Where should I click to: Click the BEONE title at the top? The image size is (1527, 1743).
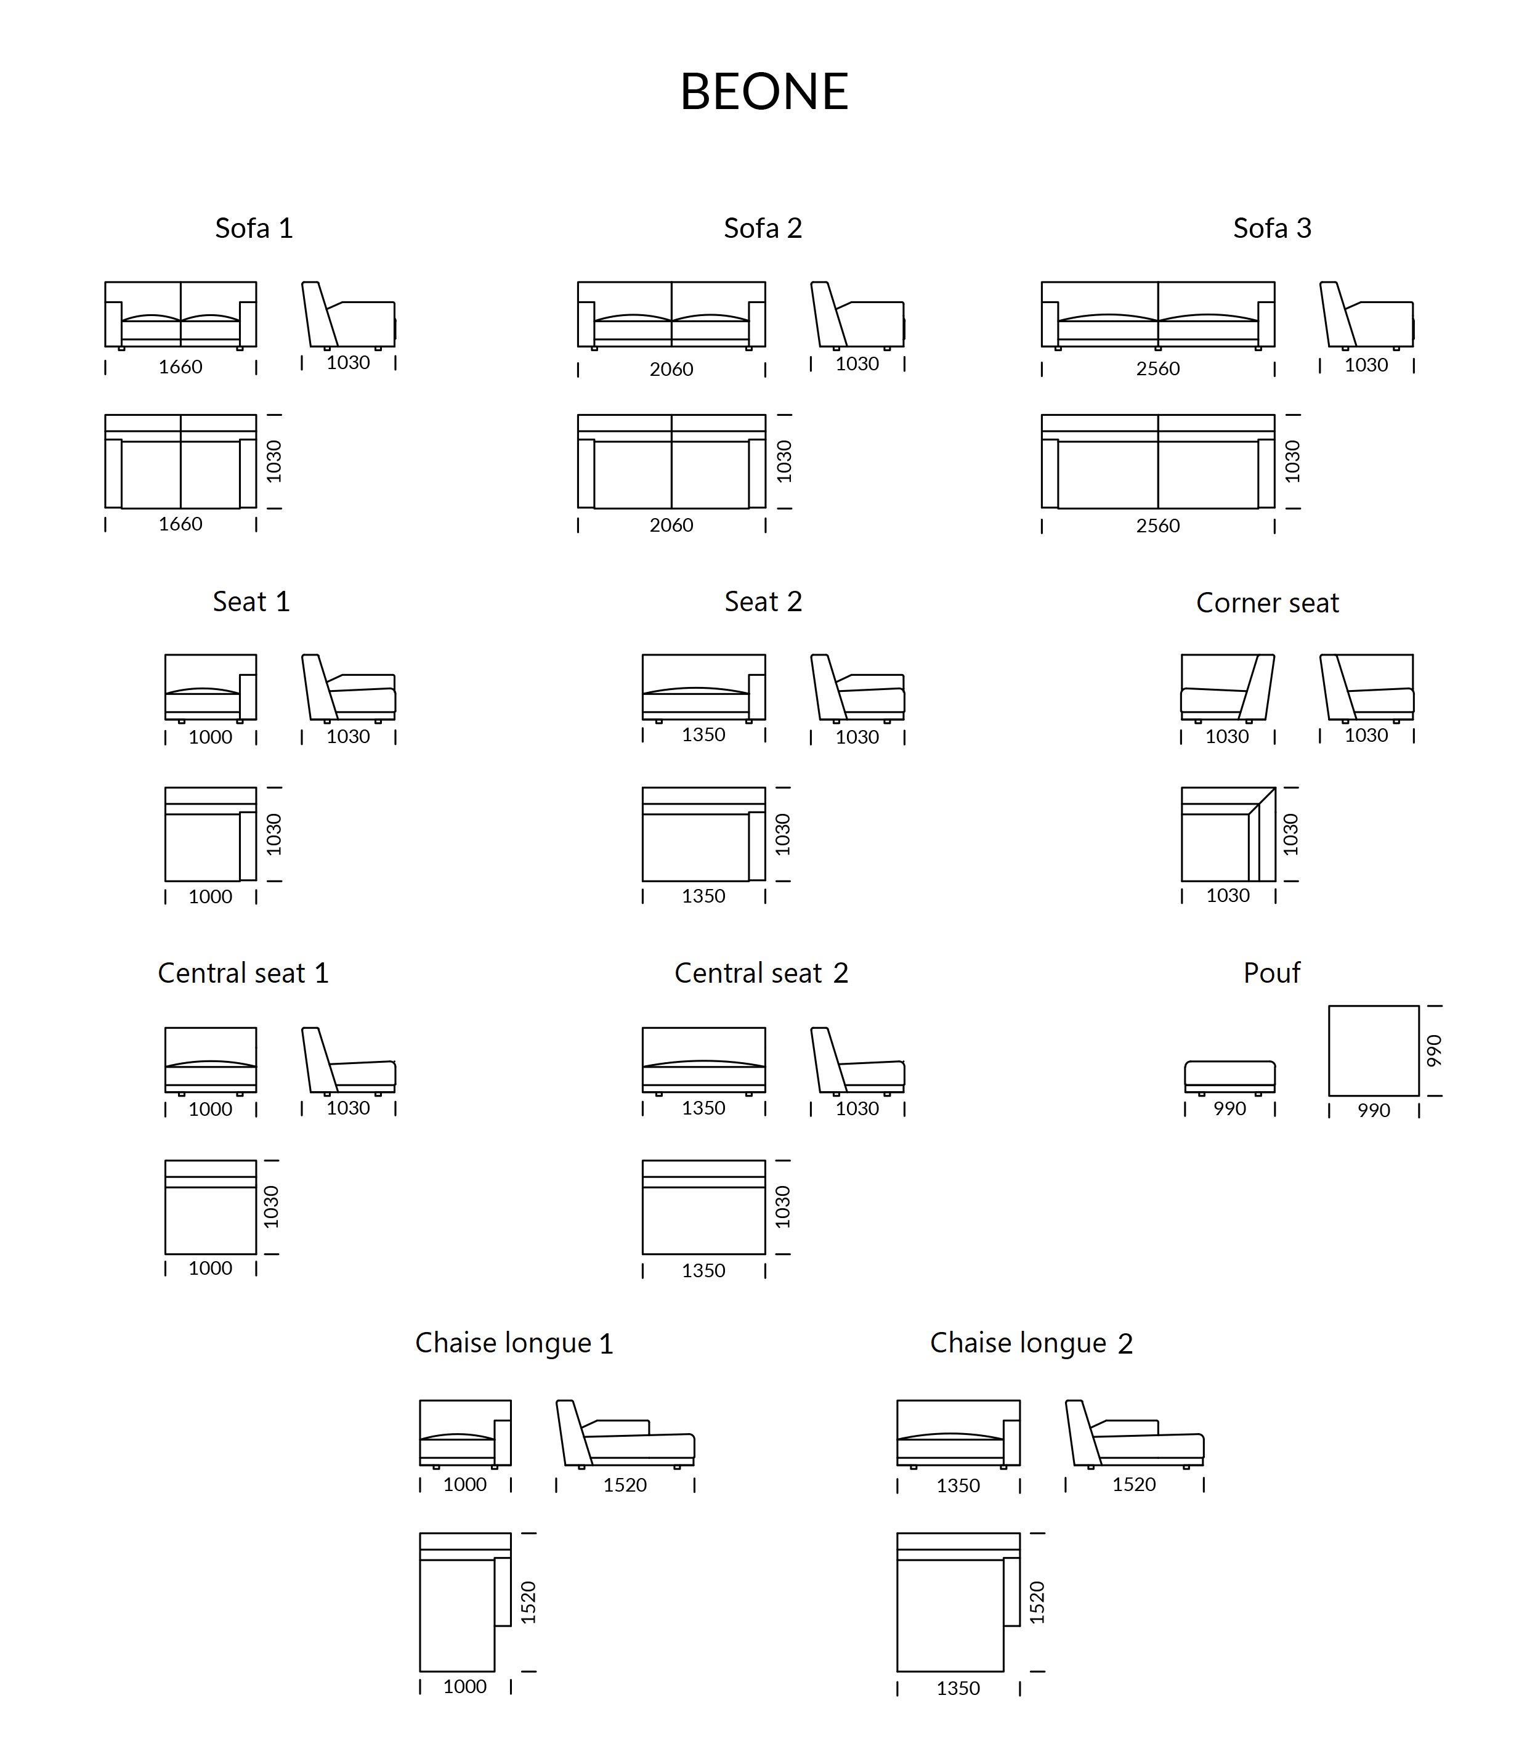(x=764, y=91)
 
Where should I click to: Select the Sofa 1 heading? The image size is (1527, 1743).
(x=254, y=229)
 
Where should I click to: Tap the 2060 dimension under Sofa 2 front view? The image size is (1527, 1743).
(x=671, y=369)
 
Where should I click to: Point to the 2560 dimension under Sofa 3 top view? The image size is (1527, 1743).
(x=1158, y=526)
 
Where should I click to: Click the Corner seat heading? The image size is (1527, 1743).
(x=1267, y=603)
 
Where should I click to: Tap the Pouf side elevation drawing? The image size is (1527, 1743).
(x=1229, y=1078)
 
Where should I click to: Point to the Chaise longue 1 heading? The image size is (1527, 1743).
(x=514, y=1343)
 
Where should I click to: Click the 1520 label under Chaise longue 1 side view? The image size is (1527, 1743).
(x=625, y=1485)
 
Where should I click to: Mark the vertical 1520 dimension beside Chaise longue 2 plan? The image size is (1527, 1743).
(x=1036, y=1603)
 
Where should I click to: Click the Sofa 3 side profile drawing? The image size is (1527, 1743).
(x=1367, y=315)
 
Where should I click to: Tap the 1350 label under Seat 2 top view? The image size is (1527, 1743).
(x=703, y=896)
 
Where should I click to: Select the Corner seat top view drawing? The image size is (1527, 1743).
(x=1228, y=834)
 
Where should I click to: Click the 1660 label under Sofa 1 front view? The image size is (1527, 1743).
(x=180, y=367)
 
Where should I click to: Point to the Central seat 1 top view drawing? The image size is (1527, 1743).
(x=211, y=1207)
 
